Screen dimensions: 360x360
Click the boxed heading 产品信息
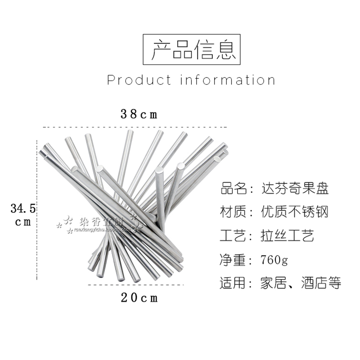point(192,50)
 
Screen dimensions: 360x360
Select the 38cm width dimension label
point(139,114)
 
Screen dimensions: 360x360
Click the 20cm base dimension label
point(139,297)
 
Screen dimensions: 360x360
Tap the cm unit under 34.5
point(22,222)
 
